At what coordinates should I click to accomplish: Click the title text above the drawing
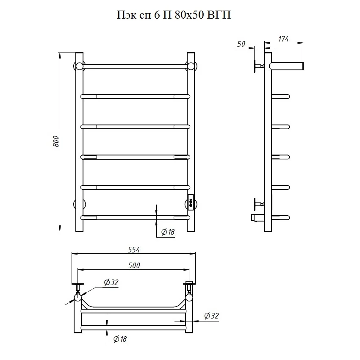(174, 15)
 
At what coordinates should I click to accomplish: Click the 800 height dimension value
(56, 141)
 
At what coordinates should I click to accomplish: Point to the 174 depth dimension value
(283, 39)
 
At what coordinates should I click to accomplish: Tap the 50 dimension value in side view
(241, 44)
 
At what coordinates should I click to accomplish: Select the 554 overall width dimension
(134, 249)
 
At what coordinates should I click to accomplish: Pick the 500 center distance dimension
(134, 266)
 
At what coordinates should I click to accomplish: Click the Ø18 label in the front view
(168, 232)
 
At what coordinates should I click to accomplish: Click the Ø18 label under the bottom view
(120, 339)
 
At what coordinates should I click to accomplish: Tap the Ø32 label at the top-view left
(111, 282)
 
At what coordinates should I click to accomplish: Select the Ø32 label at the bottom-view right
(211, 316)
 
